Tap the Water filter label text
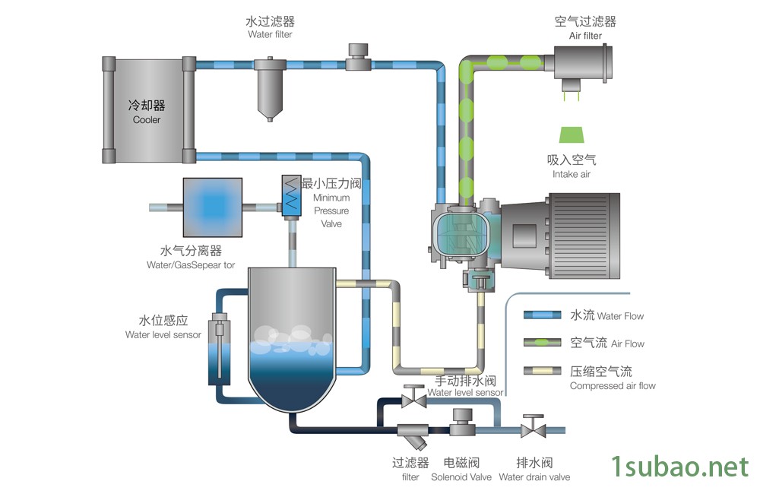click(270, 34)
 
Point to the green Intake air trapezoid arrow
click(572, 135)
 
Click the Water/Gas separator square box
click(212, 207)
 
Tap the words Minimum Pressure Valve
click(331, 211)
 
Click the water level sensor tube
click(219, 349)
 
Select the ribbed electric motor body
click(584, 236)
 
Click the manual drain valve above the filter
click(414, 397)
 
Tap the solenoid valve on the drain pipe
click(462, 423)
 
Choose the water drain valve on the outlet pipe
click(534, 427)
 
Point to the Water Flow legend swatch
click(543, 315)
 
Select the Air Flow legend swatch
click(543, 343)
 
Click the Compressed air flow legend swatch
click(543, 371)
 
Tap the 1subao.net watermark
click(679, 467)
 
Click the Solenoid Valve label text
click(461, 477)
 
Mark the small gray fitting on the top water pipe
click(358, 57)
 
